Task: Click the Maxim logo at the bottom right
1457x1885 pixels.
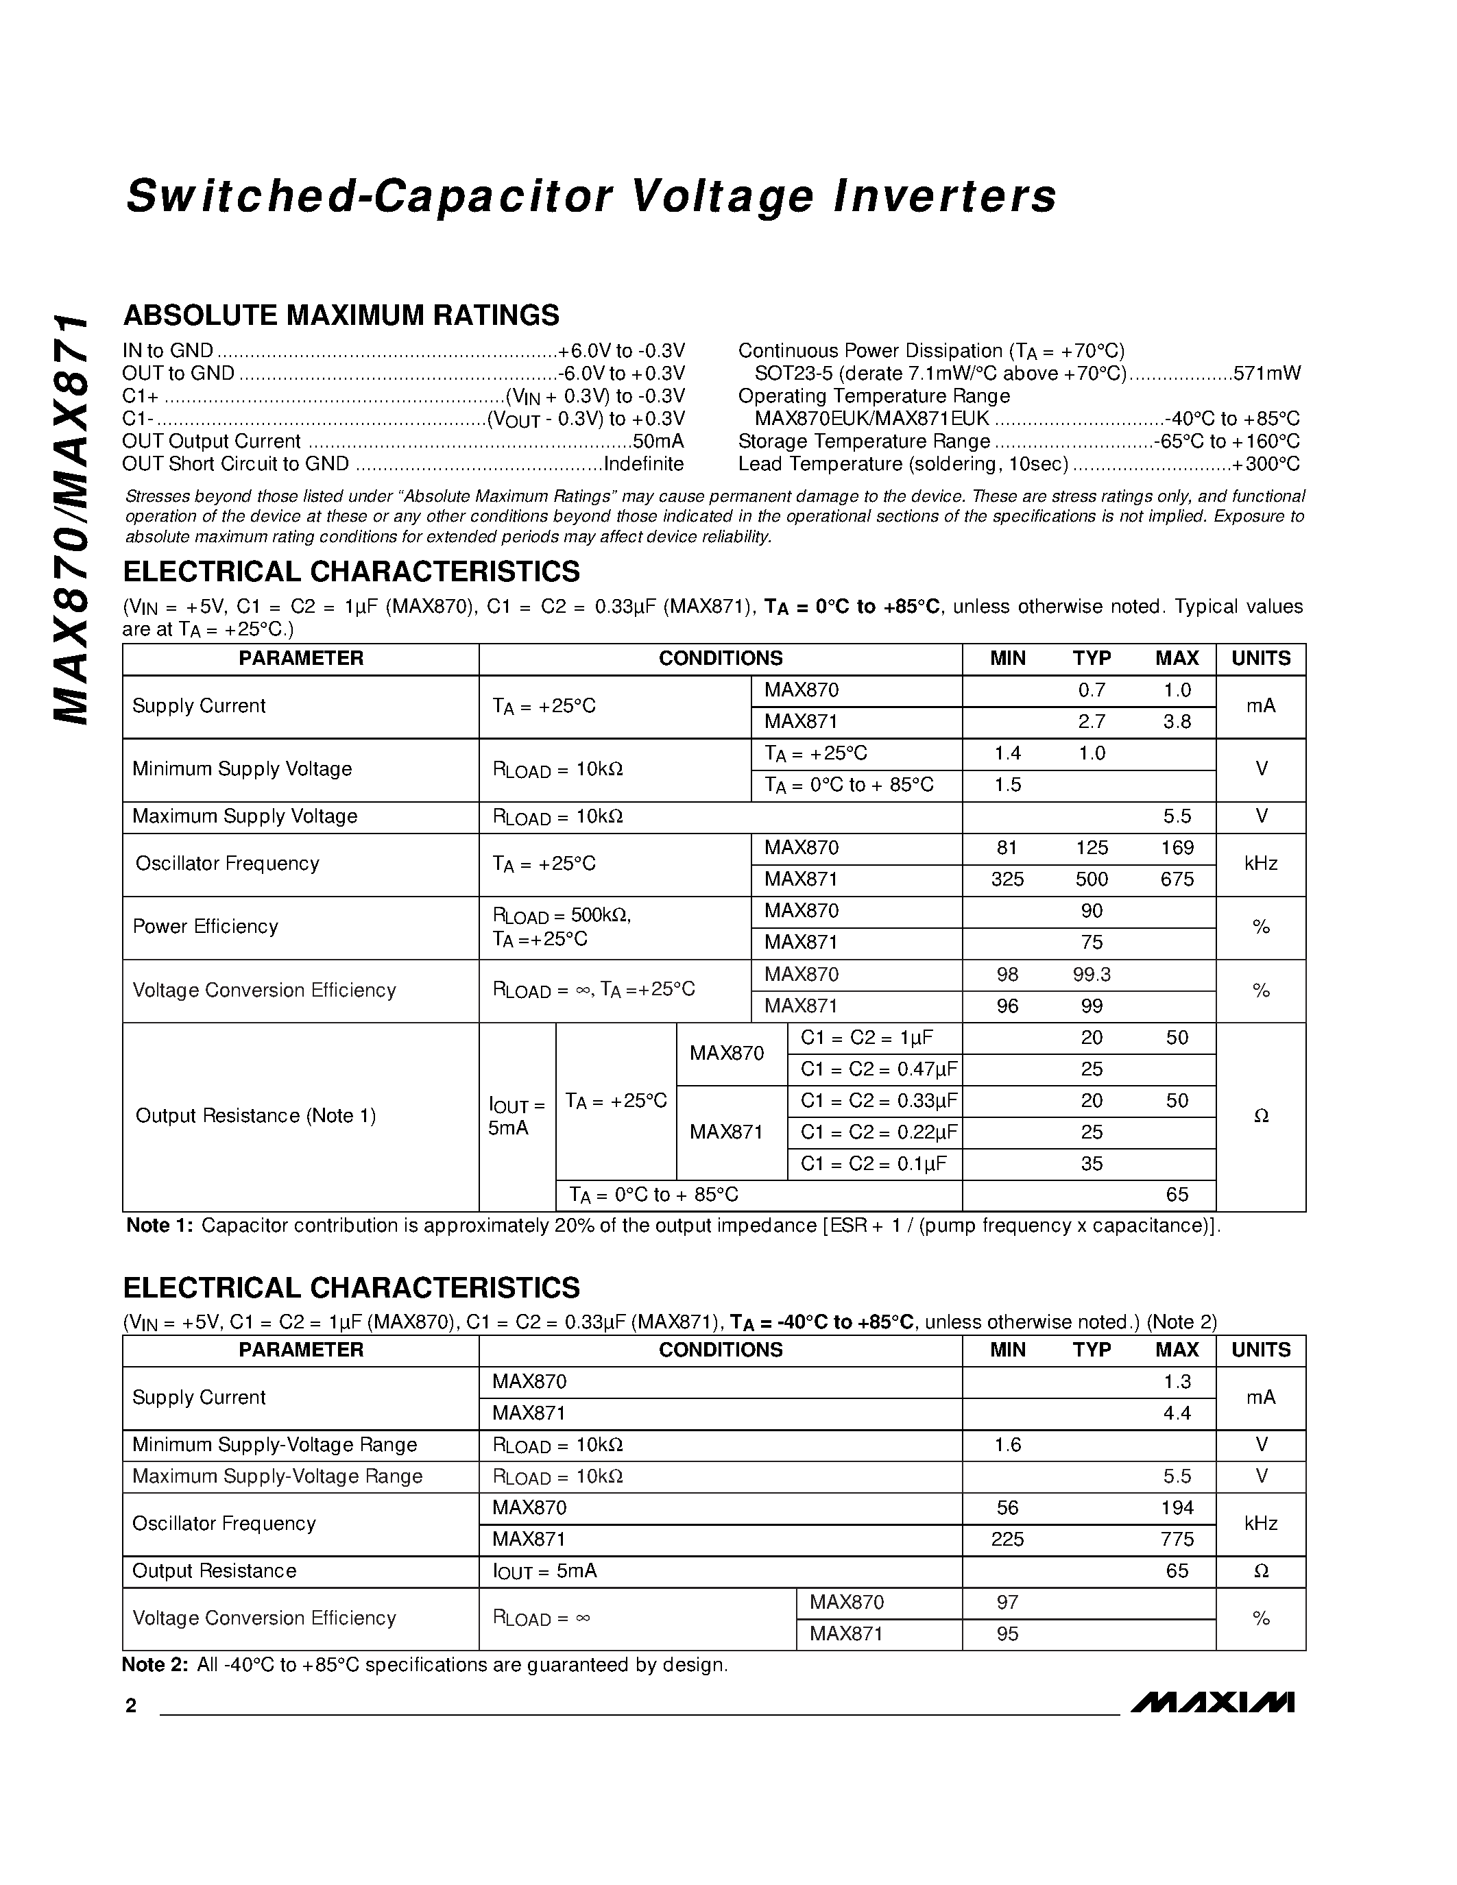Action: point(1212,1701)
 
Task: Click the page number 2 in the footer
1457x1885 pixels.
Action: point(131,1705)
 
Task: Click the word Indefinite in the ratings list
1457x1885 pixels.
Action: point(643,464)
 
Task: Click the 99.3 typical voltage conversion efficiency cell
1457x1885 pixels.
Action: point(1091,975)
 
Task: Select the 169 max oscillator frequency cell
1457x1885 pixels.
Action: point(1177,847)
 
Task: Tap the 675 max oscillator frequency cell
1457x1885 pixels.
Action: point(1177,879)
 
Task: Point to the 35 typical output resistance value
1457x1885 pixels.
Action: point(1091,1163)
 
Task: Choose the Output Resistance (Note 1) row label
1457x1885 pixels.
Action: point(256,1116)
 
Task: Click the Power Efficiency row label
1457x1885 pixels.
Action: point(206,927)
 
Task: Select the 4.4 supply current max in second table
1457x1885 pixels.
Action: point(1177,1413)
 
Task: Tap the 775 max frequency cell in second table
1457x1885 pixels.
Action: point(1177,1539)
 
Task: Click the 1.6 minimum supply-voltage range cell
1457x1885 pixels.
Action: point(1007,1445)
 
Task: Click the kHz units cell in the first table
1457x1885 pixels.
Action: point(1260,863)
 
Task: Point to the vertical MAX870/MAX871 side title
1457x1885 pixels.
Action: point(71,518)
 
